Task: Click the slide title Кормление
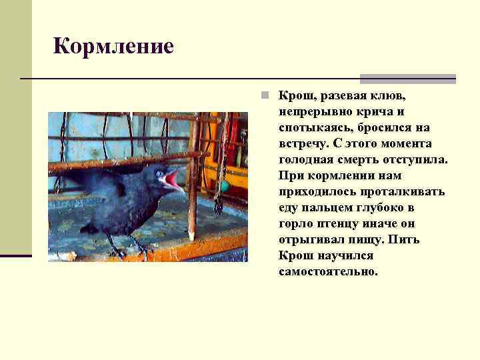[113, 46]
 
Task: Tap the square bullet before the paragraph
[265, 95]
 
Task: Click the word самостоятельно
[329, 271]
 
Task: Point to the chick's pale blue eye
[160, 174]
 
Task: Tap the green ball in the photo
[225, 185]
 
